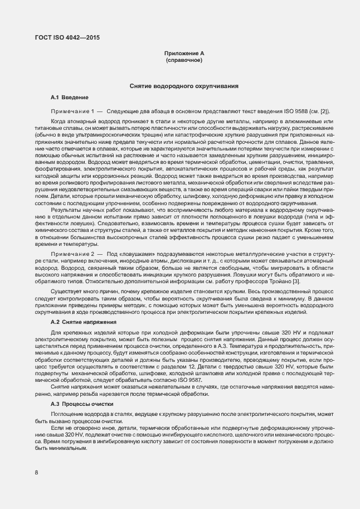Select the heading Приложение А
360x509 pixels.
click(184, 52)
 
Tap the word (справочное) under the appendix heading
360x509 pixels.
click(184, 59)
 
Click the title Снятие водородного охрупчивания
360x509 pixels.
click(184, 87)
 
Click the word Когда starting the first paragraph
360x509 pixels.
click(59, 121)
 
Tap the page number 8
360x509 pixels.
click(36, 473)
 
